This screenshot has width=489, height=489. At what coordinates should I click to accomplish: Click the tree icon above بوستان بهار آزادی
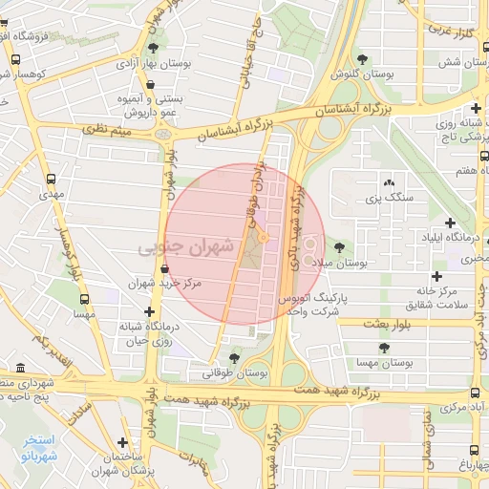click(x=154, y=47)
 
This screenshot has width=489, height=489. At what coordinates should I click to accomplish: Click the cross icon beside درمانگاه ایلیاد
click(x=449, y=223)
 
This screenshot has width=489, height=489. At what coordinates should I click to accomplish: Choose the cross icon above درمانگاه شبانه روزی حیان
click(x=148, y=312)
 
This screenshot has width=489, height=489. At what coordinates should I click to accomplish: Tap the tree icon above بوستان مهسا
click(x=384, y=349)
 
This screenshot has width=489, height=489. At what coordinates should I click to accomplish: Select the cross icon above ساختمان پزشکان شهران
click(x=122, y=441)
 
